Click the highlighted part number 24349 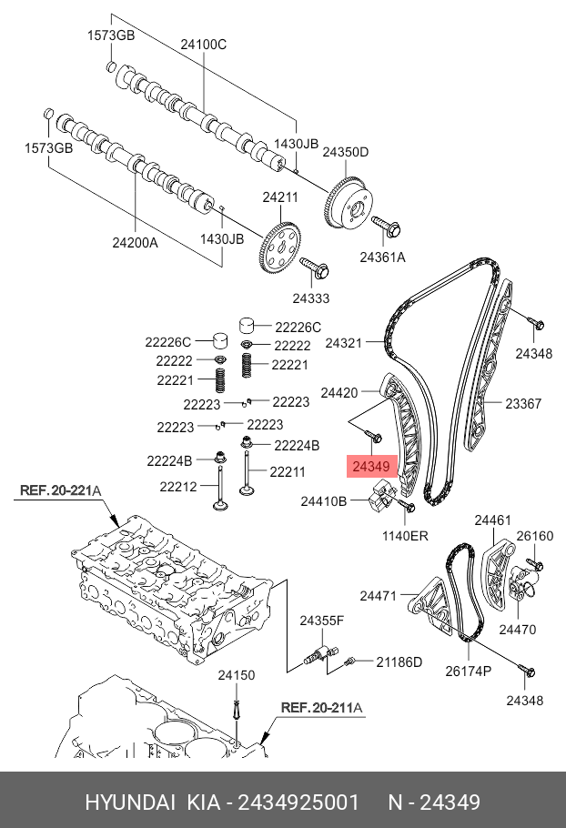[x=371, y=467]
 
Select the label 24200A [x=135, y=243]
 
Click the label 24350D [x=346, y=152]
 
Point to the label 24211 [x=280, y=197]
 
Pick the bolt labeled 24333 [x=316, y=268]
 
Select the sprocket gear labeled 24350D [x=347, y=202]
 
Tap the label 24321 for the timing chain [x=344, y=343]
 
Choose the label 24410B [x=324, y=500]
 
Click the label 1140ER [x=405, y=536]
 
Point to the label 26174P [x=468, y=671]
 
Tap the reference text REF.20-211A [x=320, y=707]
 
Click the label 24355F [x=322, y=621]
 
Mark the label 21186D [x=399, y=661]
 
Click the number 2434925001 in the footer [x=300, y=802]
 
